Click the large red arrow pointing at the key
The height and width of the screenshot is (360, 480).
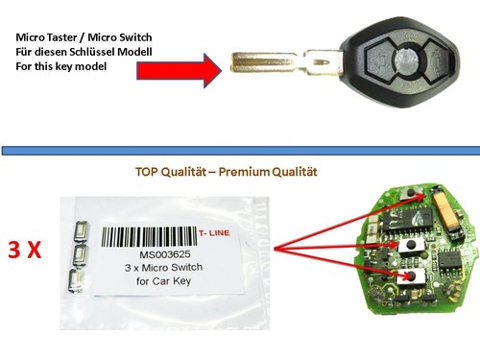180,70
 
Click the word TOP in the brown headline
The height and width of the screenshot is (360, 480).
147,172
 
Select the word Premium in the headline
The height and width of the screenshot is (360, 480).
245,172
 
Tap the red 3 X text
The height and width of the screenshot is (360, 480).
25,250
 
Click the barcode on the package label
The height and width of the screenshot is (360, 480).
149,236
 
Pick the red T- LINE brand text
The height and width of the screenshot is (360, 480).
214,233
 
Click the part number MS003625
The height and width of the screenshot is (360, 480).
165,254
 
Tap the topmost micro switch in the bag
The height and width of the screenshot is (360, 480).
82,231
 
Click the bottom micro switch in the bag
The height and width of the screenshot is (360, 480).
75,280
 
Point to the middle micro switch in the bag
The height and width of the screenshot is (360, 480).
80,256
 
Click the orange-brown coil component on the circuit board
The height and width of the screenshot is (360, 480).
447,212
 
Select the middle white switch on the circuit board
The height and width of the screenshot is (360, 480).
412,246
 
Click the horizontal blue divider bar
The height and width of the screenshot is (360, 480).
241,151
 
